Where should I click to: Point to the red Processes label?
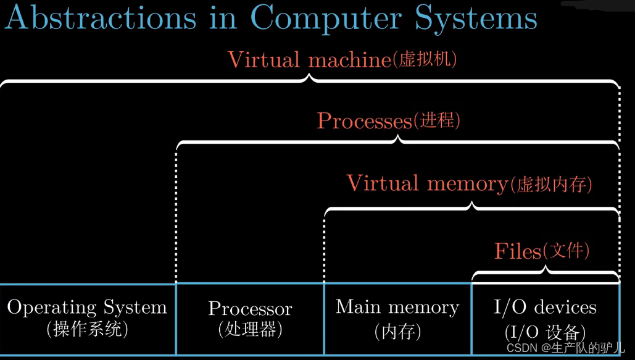point(364,120)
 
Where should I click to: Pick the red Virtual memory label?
point(426,183)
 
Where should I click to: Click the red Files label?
point(518,251)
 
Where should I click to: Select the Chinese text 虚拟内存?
point(551,184)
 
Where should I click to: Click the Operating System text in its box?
point(87,308)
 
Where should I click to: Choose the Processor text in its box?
point(250,308)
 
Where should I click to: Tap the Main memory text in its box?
point(397,307)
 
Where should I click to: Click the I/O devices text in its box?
point(546,307)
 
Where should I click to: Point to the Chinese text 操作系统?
point(87,329)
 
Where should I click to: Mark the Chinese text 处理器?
point(250,329)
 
